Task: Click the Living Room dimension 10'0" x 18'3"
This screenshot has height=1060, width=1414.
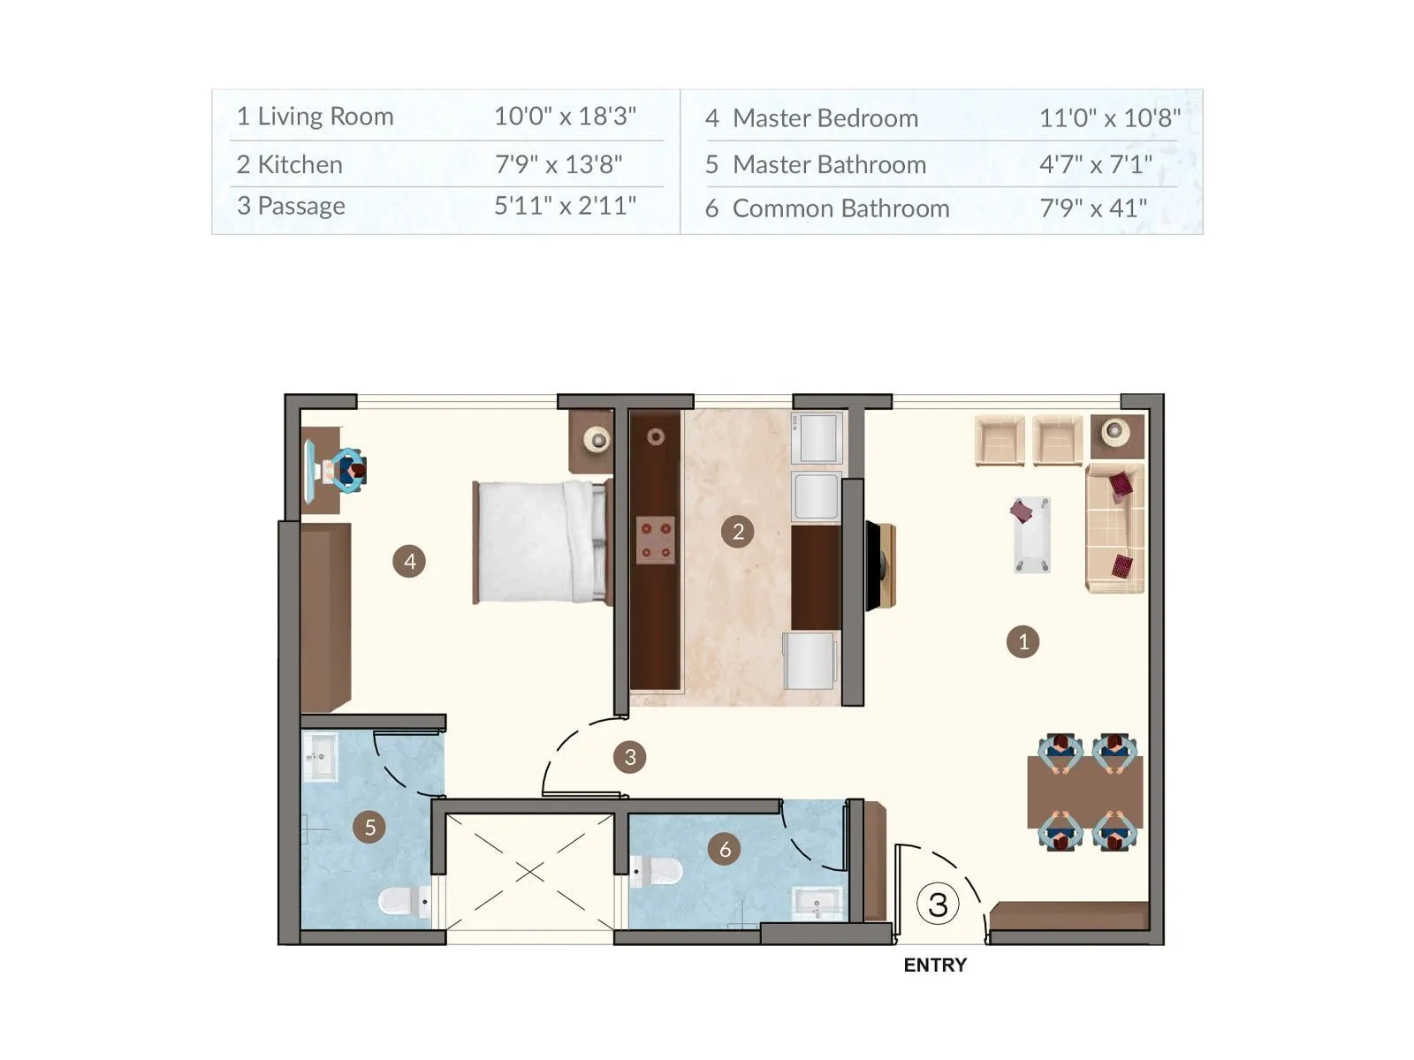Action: tap(565, 116)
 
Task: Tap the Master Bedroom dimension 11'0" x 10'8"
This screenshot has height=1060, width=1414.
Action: tap(1109, 117)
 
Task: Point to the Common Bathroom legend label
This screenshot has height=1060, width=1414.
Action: tap(840, 208)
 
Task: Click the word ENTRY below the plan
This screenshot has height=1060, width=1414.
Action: tap(934, 965)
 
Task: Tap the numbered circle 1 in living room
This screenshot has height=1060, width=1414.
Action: tap(1022, 642)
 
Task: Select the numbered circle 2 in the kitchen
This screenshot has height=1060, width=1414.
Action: tap(738, 532)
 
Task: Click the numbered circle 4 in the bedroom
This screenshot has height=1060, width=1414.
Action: tap(409, 561)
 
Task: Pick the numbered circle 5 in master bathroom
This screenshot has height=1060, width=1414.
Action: tap(369, 828)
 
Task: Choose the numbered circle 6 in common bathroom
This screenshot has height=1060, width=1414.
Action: tap(725, 850)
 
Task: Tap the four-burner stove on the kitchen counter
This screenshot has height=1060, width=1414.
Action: tap(656, 541)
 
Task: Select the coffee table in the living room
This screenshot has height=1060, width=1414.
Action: tap(1031, 534)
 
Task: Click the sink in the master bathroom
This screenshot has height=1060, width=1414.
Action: tap(319, 758)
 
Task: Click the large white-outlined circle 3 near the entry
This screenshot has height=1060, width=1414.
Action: tap(938, 904)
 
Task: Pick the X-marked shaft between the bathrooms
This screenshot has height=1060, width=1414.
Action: tap(529, 872)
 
